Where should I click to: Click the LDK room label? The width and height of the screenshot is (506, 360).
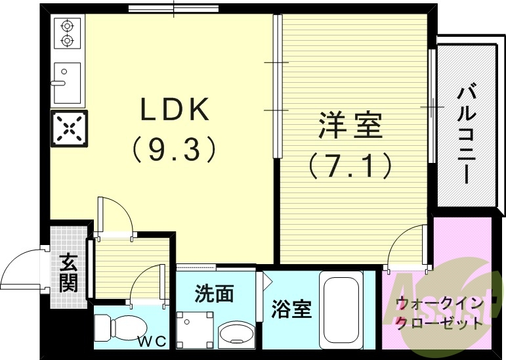pos(175,110)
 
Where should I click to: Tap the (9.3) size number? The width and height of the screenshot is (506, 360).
pos(174,150)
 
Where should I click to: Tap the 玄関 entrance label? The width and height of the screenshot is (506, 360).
pos(68,273)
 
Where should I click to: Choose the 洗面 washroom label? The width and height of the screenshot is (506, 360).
pos(214,294)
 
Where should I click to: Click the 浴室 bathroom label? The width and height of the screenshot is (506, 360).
pos(291,309)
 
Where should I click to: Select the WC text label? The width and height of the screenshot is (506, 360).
pos(150,341)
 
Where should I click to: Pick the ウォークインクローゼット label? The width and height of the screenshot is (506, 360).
pos(438,313)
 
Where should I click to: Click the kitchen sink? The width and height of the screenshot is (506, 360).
pos(67,83)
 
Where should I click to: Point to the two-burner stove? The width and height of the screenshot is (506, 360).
pos(67,34)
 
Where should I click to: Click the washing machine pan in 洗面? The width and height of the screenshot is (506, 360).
pos(197,328)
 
